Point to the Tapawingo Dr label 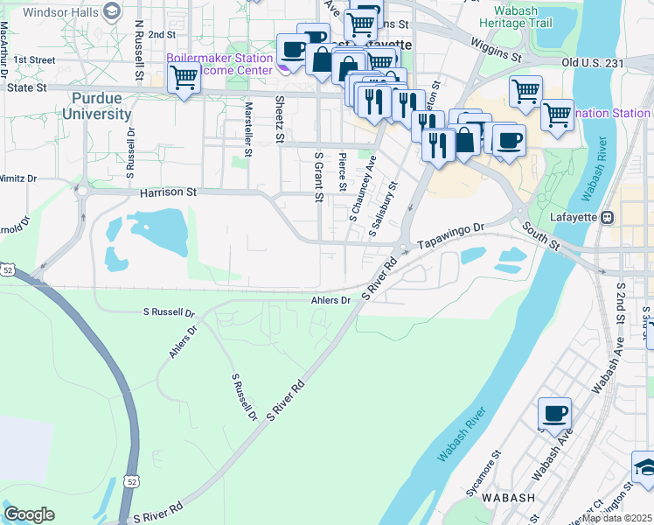tap(450, 237)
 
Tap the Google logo tap(29, 514)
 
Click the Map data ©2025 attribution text tap(616, 518)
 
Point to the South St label tap(539, 234)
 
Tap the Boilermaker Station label tap(219, 58)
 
